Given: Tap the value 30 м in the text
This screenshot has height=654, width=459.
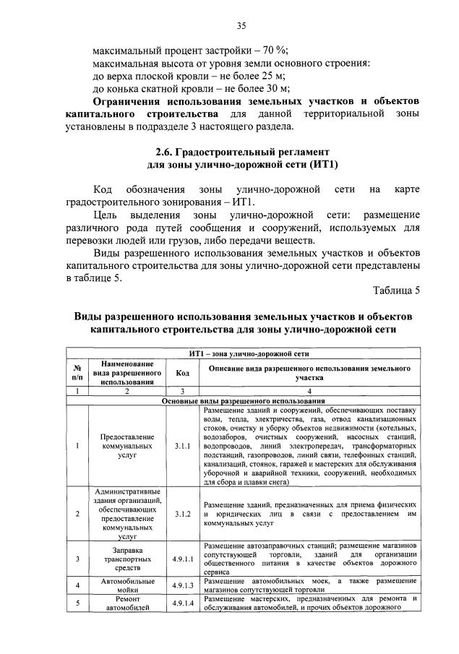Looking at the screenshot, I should [x=277, y=89].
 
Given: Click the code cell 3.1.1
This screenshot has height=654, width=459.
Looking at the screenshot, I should [x=182, y=446].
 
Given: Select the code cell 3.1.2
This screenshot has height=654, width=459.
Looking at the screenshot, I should [x=182, y=514].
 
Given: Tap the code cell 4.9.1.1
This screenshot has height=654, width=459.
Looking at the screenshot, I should [x=182, y=559].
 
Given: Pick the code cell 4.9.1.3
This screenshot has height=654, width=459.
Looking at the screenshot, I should [x=182, y=585].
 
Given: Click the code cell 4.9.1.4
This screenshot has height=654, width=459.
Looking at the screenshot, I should [x=182, y=603].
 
